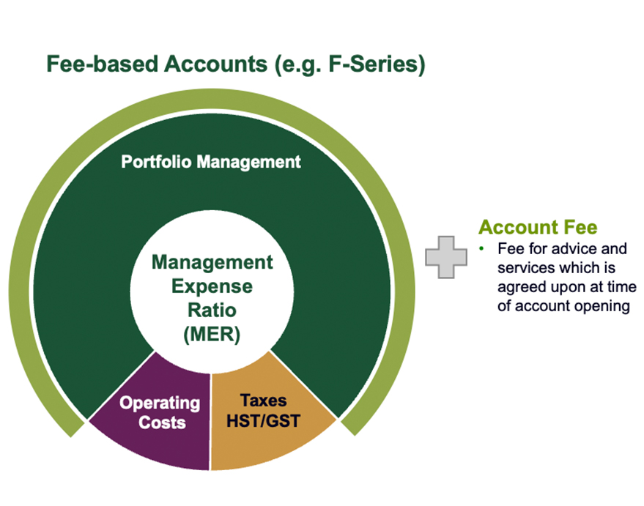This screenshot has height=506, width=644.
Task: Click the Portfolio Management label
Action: point(210,161)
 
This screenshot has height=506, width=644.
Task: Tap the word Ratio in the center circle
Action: point(212,310)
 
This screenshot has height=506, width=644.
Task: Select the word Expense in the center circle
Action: point(212,286)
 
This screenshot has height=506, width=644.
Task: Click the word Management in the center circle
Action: point(212,261)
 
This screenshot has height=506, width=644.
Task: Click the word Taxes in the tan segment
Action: point(263,401)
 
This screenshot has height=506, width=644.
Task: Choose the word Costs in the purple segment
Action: point(163,423)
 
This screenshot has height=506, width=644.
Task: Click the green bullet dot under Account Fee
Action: point(483,249)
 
